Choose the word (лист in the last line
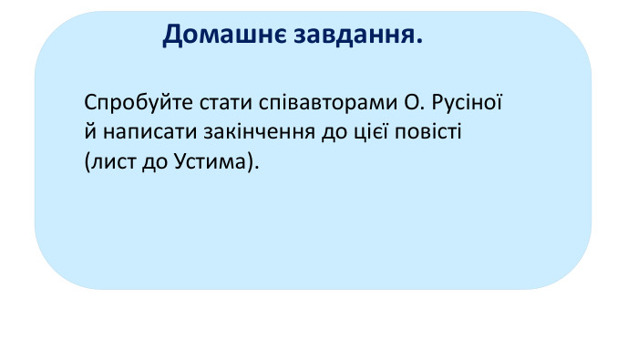tap(103, 161)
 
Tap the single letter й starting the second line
tap(87, 131)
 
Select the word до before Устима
tap(147, 161)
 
